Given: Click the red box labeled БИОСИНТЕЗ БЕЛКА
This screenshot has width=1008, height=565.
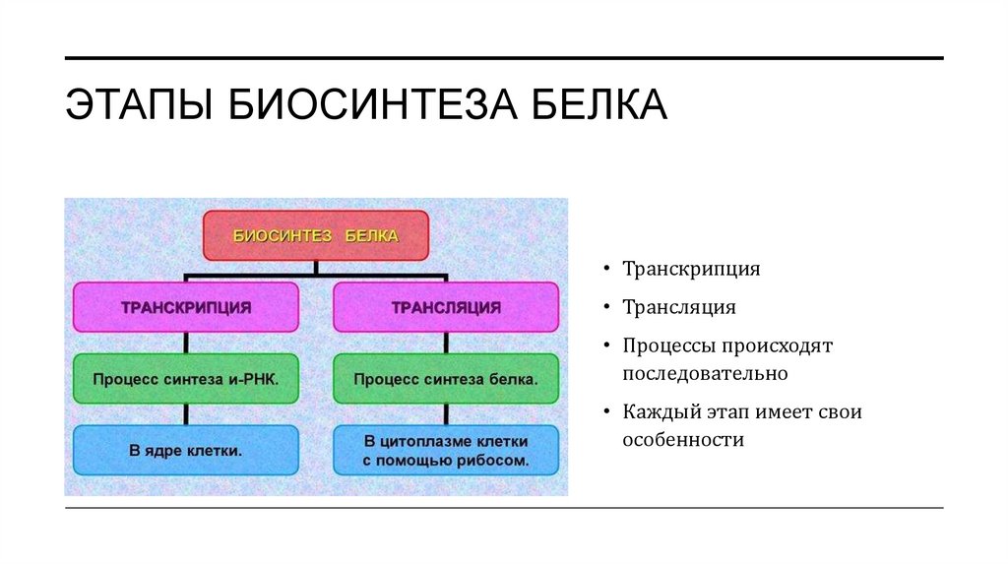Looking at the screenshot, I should pos(315,236).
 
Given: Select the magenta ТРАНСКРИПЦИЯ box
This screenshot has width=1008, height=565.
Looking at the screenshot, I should pos(186,307).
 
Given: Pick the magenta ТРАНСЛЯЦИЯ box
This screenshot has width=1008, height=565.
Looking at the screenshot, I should pos(446,307).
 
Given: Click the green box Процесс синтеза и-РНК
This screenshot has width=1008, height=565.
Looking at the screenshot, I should pos(186,378).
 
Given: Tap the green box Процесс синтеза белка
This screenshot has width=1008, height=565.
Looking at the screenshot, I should pos(446,378).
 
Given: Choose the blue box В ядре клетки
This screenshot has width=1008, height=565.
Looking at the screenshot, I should pos(186,451).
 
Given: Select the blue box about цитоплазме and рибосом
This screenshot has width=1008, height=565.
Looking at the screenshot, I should pos(446,450).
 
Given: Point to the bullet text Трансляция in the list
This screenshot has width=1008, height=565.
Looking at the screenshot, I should pos(678,308).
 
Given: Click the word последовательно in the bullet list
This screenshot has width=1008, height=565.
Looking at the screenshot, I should pos(705,374).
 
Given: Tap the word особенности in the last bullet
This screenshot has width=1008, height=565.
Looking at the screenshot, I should pos(682,440).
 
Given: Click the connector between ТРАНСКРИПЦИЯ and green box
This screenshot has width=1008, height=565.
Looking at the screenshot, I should pos(186,343).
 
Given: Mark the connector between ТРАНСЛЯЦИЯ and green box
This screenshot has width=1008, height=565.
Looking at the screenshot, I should pos(446,343).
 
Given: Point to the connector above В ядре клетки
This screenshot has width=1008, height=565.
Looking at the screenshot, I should pos(186,414).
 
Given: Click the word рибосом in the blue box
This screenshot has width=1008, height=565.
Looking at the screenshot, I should pos(493,460).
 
